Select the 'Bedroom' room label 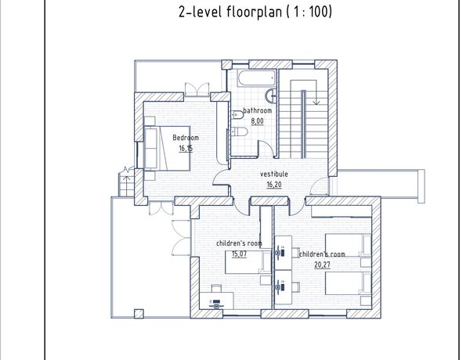pos(186,138)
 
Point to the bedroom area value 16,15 pos(186,149)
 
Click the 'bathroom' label pos(258,110)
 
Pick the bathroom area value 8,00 pos(257,121)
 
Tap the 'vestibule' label pos(274,174)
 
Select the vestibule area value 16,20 pos(274,185)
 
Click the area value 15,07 pos(239,254)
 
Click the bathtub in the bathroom pos(257,78)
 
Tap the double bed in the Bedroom pos(167,149)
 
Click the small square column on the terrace pos(139,314)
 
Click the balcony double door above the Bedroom pos(197,89)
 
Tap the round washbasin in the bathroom pos(271,95)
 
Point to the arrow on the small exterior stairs pos(126,182)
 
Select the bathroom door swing pos(266,148)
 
